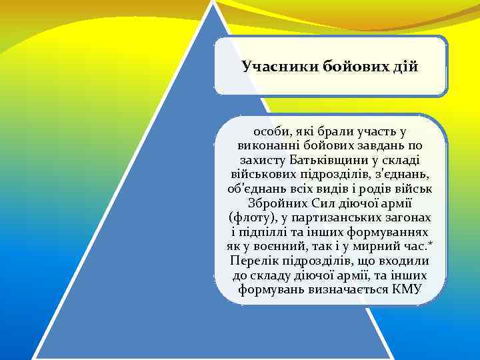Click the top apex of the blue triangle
pos(213,3)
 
